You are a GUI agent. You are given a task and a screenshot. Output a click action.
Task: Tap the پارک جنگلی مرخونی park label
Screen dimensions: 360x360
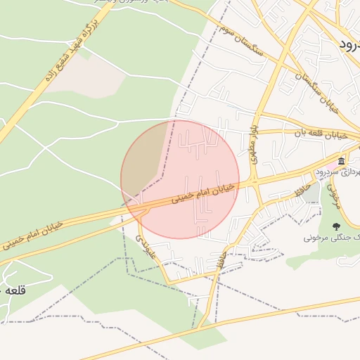coord(330,238)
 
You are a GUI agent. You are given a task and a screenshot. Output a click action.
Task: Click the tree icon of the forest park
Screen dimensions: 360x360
coord(336,226)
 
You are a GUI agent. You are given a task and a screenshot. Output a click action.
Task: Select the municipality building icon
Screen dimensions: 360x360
coord(341,161)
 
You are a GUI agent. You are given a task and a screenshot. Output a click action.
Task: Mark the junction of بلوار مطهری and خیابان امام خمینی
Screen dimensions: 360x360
coord(255,183)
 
